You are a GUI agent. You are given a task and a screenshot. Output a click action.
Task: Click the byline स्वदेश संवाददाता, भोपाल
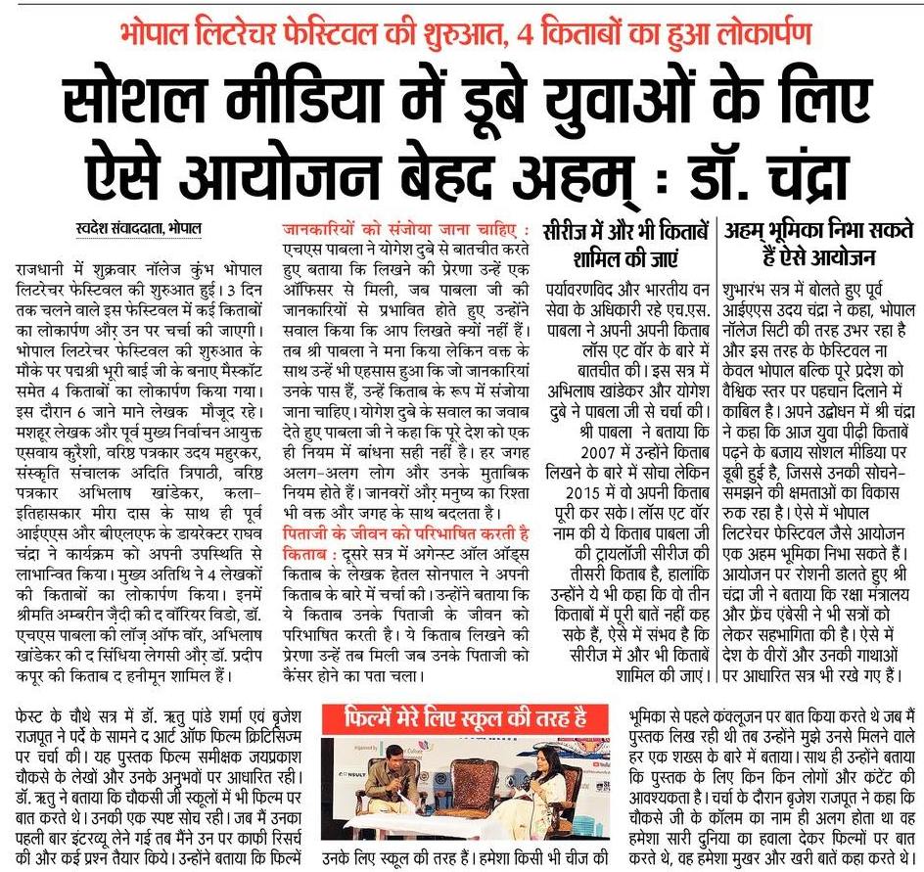[x=139, y=229]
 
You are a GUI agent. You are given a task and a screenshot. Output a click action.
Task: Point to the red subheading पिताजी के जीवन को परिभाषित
[x=405, y=532]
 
